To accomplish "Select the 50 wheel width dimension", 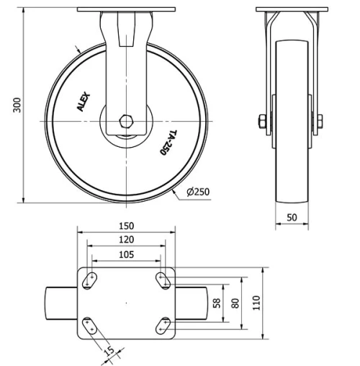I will (x=292, y=217).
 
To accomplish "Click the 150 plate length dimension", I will (x=126, y=226).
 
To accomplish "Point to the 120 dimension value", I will (x=126, y=239).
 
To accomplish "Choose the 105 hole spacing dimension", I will (x=126, y=254).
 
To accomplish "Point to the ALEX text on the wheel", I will (x=84, y=102).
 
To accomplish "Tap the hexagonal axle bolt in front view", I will (x=127, y=120).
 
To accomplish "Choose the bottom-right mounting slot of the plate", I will (x=163, y=326).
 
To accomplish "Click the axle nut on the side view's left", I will (x=264, y=120).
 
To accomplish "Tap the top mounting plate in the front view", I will (x=126, y=10).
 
